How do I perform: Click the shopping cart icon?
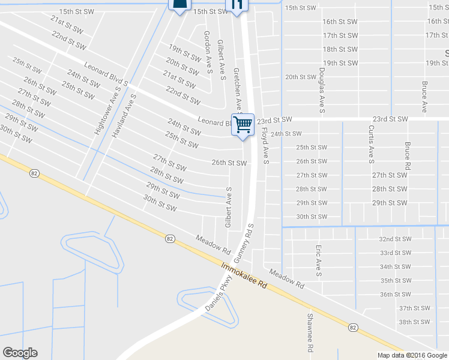[x=243, y=125]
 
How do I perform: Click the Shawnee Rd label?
[x=311, y=332]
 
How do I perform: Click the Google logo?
[x=20, y=353]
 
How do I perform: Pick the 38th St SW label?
[x=415, y=322]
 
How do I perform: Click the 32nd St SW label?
[x=395, y=238]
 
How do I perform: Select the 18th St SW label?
[x=340, y=49]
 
